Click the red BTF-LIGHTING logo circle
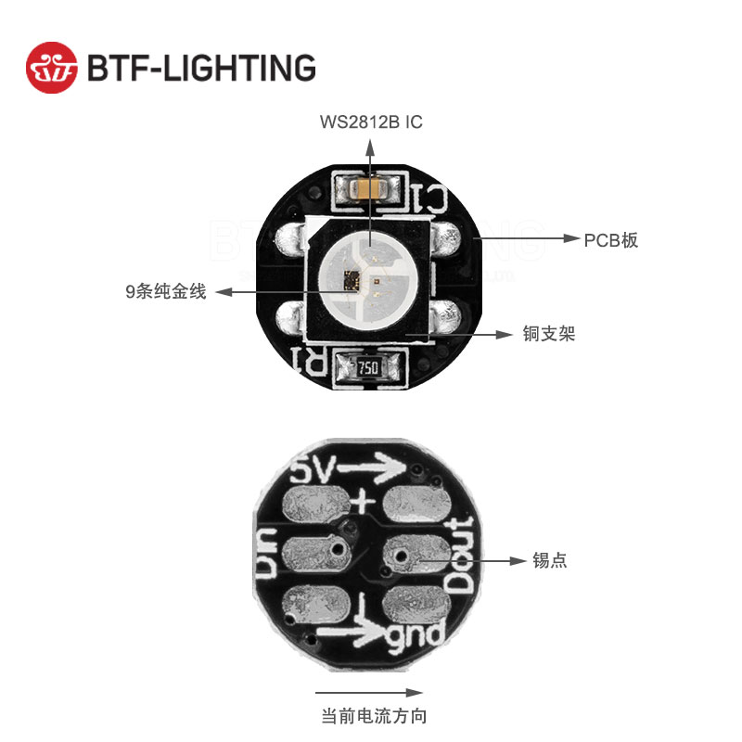[x=52, y=67]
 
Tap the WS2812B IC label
[x=371, y=122]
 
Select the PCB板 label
[x=610, y=240]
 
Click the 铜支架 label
[x=548, y=334]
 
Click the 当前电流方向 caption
[x=374, y=716]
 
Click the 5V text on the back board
[x=313, y=474]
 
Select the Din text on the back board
[x=268, y=555]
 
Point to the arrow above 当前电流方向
[x=369, y=692]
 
